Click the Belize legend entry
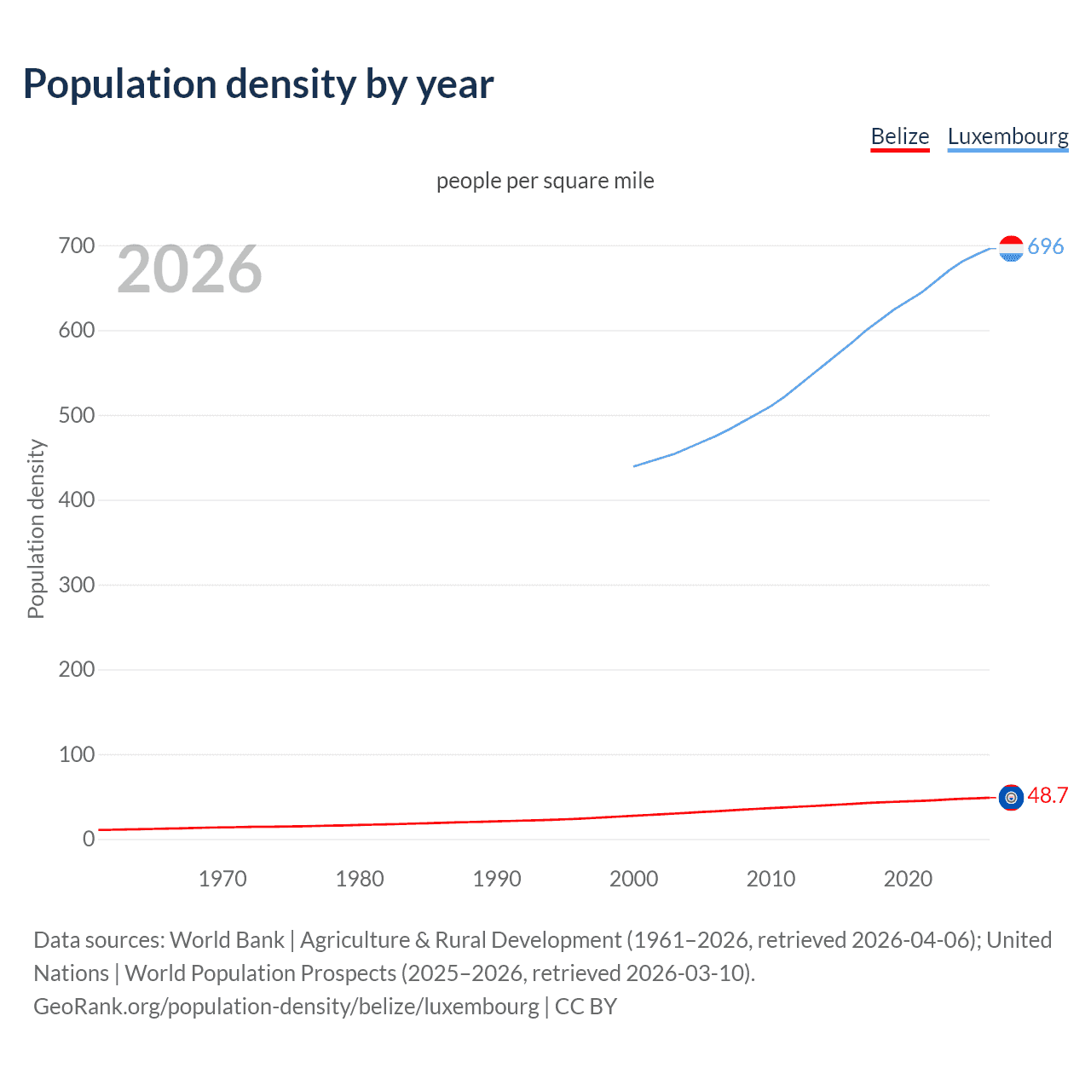pos(899,136)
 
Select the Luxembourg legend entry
pos(1007,136)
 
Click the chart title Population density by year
pos(258,84)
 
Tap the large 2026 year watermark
pos(189,269)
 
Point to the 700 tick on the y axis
pos(77,246)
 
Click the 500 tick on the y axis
pos(77,416)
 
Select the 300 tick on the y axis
pos(77,585)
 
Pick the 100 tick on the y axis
pos(77,754)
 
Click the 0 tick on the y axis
pos(89,839)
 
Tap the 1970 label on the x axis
pos(222,879)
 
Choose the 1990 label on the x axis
pos(497,879)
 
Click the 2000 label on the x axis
pos(633,879)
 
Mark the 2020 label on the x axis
pos(908,879)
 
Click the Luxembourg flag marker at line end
pos(1011,248)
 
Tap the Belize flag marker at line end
pos(1011,798)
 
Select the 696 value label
pos(1046,246)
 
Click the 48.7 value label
pos(1048,795)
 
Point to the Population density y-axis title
pos(36,528)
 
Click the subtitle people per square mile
pos(545,181)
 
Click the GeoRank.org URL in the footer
pos(286,1007)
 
